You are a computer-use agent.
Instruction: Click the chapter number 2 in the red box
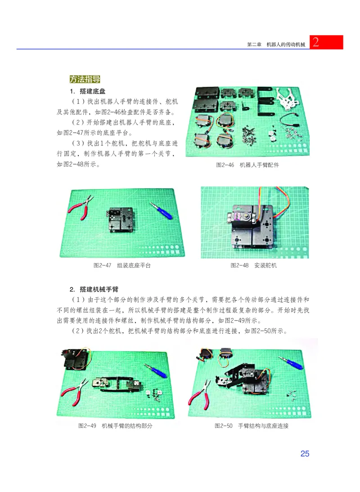coord(316,43)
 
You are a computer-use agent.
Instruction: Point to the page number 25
coord(305,453)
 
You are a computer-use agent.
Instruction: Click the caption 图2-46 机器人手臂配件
coord(247,165)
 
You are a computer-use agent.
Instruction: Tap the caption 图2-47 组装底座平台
coord(121,265)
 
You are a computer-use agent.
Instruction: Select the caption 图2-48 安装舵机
coord(253,265)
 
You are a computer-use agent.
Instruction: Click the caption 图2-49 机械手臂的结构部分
coord(115,425)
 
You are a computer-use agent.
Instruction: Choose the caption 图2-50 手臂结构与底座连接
coord(251,425)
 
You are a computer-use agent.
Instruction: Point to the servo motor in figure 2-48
coord(243,217)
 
